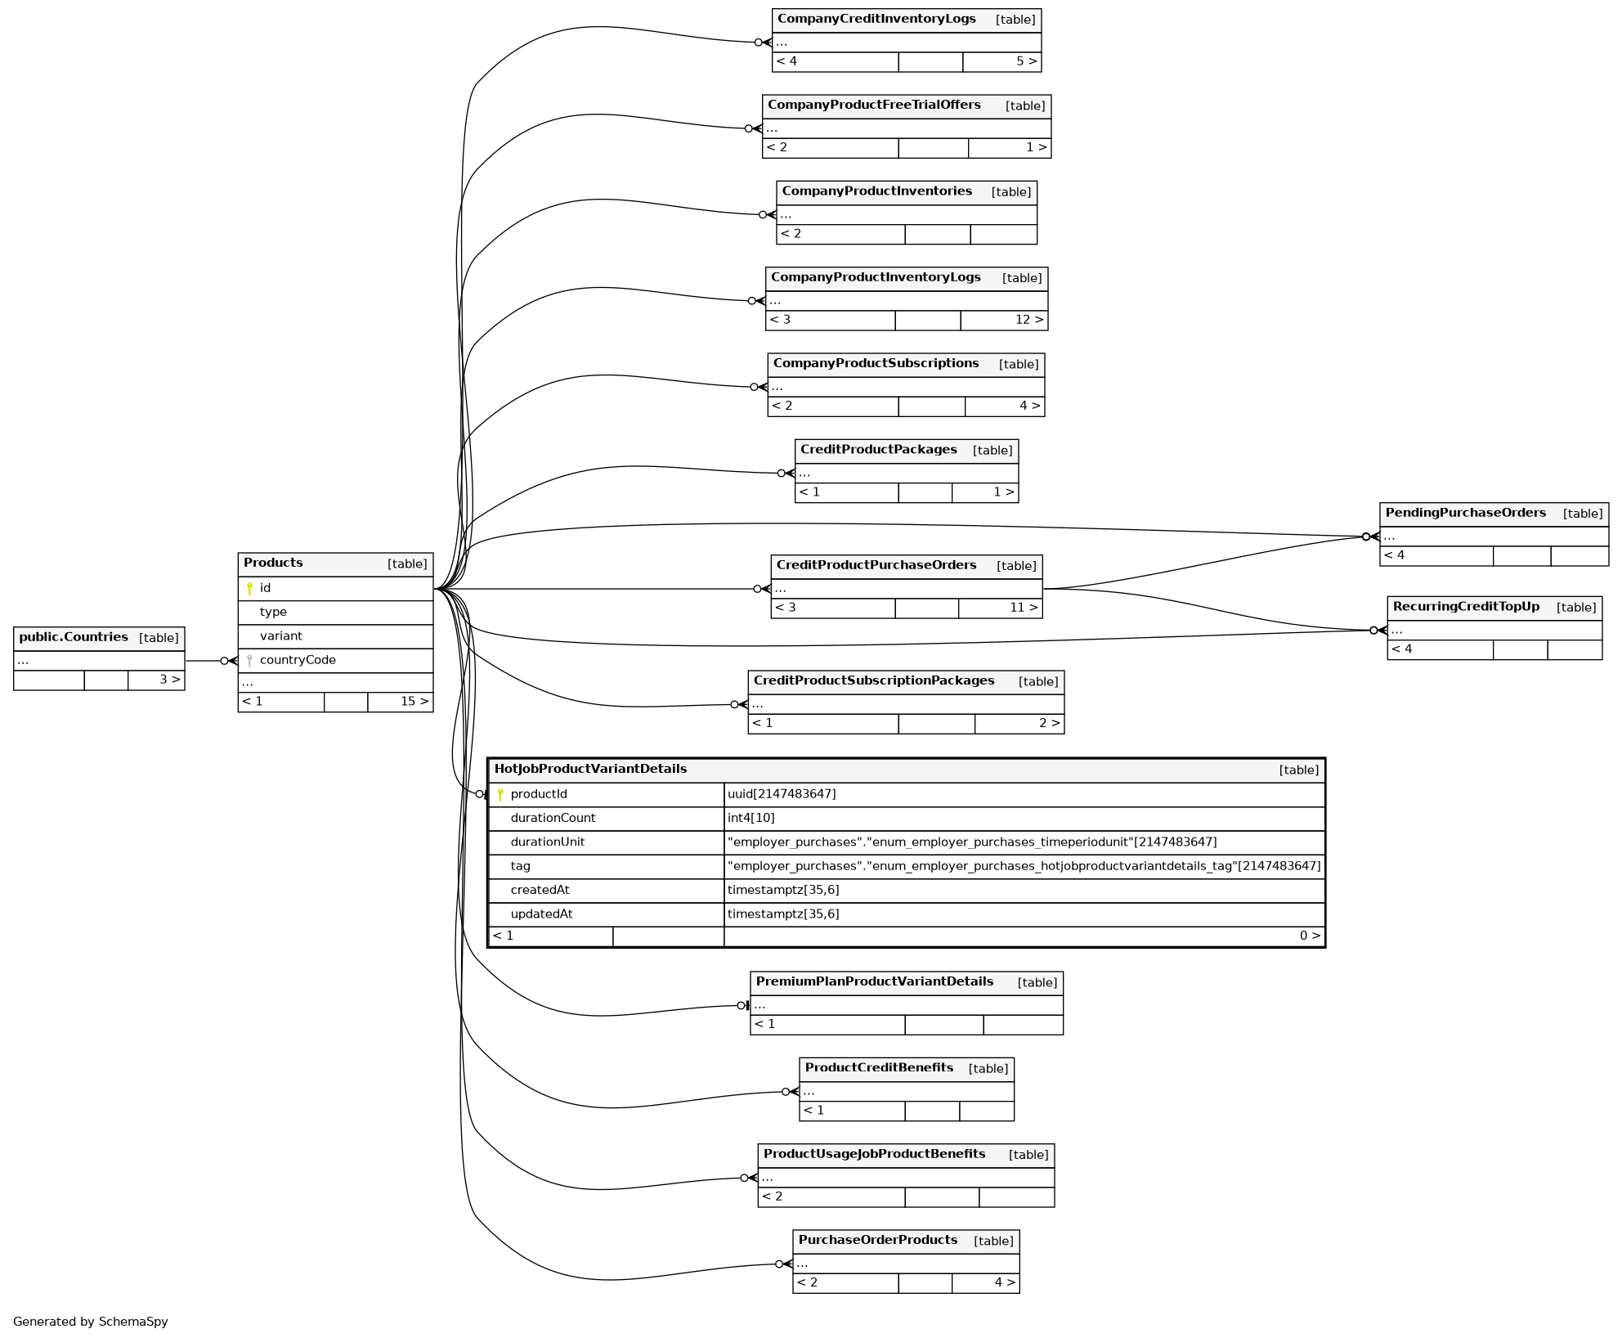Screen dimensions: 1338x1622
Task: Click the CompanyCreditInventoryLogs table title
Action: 876,19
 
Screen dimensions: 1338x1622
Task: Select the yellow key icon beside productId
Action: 500,794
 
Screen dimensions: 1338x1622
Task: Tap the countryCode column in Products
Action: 298,660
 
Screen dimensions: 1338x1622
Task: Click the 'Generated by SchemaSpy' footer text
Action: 91,1321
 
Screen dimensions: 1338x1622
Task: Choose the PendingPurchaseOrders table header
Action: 1465,513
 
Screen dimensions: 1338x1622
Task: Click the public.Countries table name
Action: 74,637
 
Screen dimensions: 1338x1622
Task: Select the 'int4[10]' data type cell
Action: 751,818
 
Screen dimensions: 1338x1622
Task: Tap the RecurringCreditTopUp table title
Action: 1466,607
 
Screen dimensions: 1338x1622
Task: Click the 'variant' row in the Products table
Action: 281,635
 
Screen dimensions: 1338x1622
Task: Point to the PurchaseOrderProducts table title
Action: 878,1240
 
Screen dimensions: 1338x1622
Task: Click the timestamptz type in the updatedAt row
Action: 783,914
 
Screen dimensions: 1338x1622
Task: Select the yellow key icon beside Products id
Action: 249,588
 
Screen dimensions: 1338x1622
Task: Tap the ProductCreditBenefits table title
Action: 879,1067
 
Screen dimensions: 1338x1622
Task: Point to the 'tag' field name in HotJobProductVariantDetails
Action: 521,865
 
